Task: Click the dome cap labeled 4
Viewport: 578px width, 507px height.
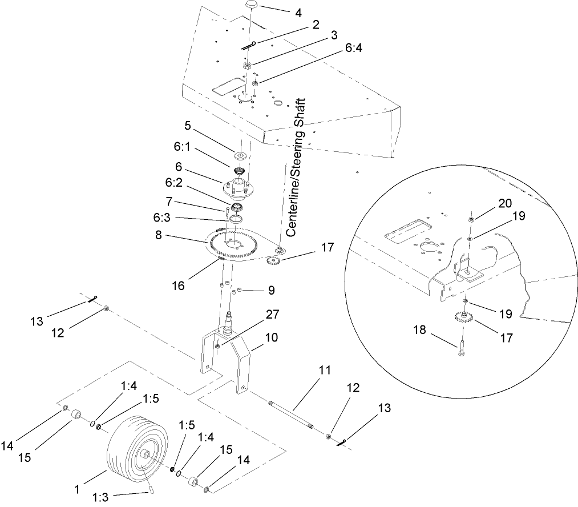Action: (253, 5)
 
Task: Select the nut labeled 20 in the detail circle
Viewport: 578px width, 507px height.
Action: (470, 219)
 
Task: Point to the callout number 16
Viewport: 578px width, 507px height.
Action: (179, 285)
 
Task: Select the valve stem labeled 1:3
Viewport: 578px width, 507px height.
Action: (152, 488)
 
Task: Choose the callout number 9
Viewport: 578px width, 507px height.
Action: (271, 290)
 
